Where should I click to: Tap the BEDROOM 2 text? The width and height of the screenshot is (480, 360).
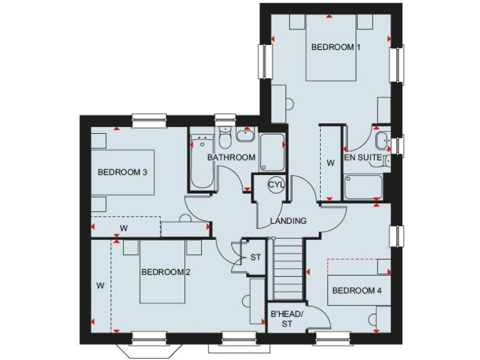[166, 272]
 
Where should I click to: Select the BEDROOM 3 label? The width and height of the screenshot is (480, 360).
[122, 172]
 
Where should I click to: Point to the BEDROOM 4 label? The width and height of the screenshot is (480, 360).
[357, 291]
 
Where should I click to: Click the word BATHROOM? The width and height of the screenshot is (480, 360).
[231, 157]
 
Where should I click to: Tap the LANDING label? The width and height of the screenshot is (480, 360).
[288, 221]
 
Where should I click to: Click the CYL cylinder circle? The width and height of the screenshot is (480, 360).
[276, 184]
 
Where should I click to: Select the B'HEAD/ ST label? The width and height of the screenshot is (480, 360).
[286, 319]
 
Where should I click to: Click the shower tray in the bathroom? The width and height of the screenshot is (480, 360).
[272, 153]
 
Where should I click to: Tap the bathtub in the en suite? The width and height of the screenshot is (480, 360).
[363, 187]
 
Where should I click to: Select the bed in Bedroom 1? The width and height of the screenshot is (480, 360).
[331, 53]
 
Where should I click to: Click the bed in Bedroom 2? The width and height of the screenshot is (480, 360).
[162, 275]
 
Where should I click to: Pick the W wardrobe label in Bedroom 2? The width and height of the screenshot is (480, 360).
[100, 285]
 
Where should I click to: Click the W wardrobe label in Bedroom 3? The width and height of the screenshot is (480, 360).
[124, 228]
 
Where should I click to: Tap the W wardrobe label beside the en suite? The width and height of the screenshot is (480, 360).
[331, 162]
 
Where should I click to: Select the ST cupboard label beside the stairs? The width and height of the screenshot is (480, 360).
[255, 257]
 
